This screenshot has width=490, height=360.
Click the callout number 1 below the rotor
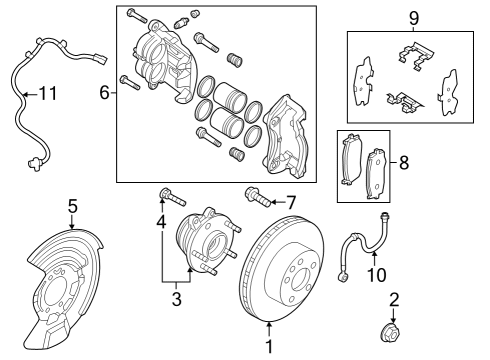tap(268, 347)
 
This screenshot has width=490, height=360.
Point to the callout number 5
tap(72, 207)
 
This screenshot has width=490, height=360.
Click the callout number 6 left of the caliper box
tap(103, 93)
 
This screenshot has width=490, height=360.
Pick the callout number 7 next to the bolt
tap(290, 201)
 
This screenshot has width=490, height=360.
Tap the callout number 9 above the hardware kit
tap(414, 17)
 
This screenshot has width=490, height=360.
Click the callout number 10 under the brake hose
tap(375, 275)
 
